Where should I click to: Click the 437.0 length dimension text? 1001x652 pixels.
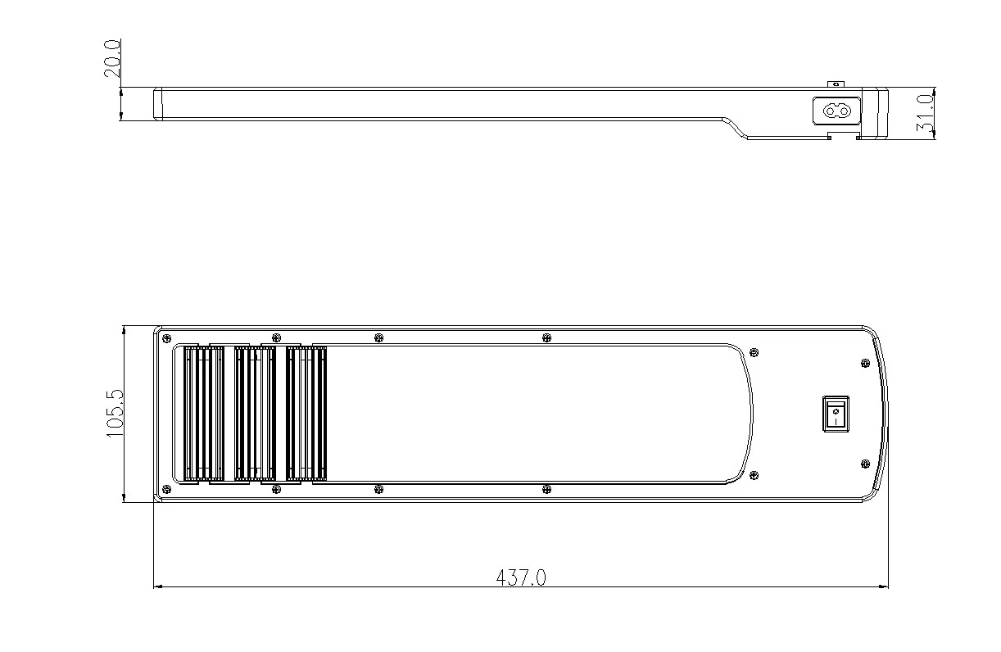point(521,577)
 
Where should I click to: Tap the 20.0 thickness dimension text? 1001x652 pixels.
point(112,58)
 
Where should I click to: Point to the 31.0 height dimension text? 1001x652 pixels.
point(925,114)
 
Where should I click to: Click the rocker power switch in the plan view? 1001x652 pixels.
point(836,414)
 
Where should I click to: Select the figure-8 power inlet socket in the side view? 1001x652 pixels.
point(836,111)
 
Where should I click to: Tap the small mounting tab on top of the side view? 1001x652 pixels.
point(836,84)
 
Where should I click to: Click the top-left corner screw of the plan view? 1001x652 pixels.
point(166,337)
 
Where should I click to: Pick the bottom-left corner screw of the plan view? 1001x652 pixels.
point(166,489)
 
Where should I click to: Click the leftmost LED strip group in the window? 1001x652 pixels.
point(204,414)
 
